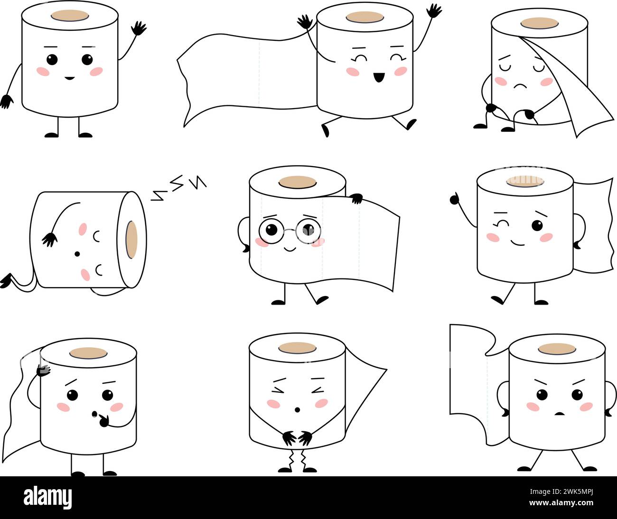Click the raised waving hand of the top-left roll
(139, 28)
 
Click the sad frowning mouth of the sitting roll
(520, 86)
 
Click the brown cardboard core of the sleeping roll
(131, 240)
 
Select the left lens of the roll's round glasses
(271, 230)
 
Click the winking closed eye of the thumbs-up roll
(499, 224)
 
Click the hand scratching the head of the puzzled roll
(44, 370)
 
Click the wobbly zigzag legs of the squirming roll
(297, 459)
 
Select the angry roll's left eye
(542, 395)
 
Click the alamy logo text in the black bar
(47, 498)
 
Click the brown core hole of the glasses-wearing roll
(298, 182)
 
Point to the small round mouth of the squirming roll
(298, 409)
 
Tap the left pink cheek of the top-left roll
(43, 72)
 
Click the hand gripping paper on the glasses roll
(355, 199)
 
